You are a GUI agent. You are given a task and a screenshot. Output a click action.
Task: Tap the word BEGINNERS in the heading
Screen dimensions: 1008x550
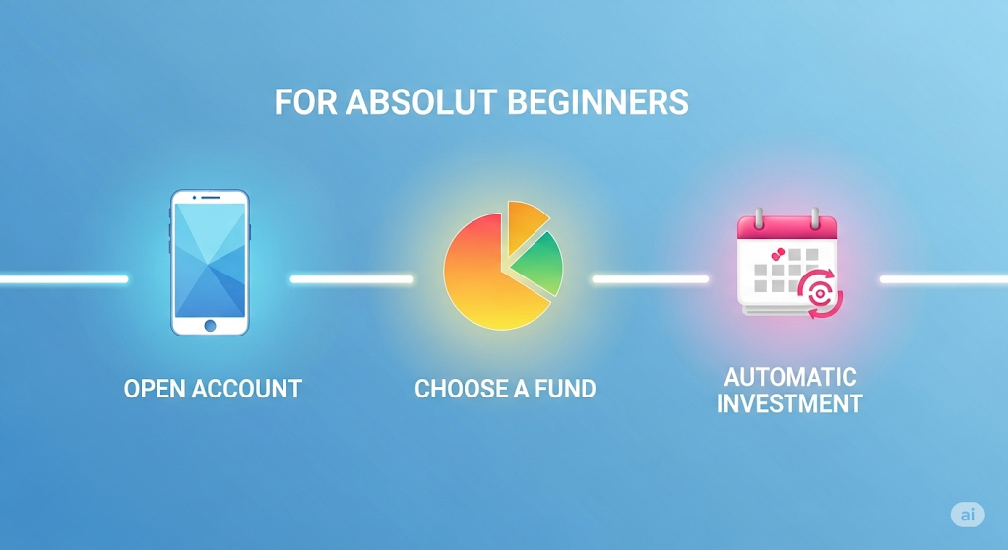pyautogui.click(x=598, y=102)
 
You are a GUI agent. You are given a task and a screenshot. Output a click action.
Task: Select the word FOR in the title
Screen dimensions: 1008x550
pyautogui.click(x=306, y=102)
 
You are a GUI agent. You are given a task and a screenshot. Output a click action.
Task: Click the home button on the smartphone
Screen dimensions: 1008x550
pyautogui.click(x=211, y=325)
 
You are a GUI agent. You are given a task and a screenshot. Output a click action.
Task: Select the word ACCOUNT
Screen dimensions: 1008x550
pyautogui.click(x=247, y=389)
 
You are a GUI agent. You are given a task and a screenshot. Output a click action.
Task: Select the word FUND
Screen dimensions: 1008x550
pyautogui.click(x=565, y=389)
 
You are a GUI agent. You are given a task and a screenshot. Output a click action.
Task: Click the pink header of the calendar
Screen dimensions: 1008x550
pyautogui.click(x=787, y=228)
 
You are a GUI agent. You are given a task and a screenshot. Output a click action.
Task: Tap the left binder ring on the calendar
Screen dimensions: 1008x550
pyautogui.click(x=759, y=217)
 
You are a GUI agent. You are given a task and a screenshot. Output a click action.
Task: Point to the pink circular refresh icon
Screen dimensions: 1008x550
pyautogui.click(x=820, y=293)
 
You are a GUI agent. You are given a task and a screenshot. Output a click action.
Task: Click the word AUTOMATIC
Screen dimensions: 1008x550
pyautogui.click(x=790, y=377)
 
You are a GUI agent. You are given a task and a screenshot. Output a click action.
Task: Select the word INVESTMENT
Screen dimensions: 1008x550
pyautogui.click(x=790, y=404)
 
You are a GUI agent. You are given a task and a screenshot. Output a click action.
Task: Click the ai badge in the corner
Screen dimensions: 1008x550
pyautogui.click(x=968, y=515)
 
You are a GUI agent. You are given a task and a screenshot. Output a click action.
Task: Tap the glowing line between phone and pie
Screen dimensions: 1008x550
pyautogui.click(x=351, y=279)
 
